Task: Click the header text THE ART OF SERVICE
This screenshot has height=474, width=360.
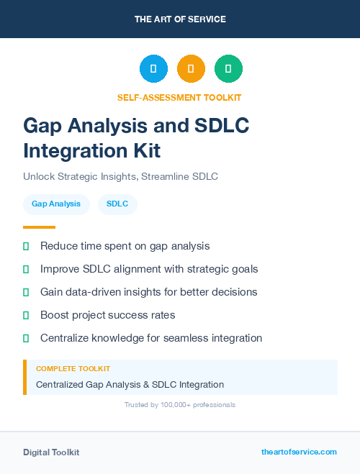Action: click(x=180, y=19)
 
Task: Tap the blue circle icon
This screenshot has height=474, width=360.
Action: click(x=153, y=69)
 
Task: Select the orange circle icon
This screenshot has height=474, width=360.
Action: click(x=191, y=69)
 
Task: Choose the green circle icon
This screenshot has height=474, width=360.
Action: click(x=228, y=69)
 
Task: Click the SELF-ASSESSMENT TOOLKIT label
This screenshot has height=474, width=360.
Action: click(x=179, y=97)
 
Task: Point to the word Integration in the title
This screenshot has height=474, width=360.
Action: click(x=71, y=151)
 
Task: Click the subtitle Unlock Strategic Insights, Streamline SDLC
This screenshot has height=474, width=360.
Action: click(x=120, y=176)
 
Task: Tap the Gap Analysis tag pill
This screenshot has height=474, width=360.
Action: click(x=56, y=204)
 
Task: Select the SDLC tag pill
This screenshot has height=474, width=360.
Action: click(x=117, y=204)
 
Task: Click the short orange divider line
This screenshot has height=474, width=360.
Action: click(x=39, y=227)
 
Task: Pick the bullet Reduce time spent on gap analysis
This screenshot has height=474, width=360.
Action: click(x=125, y=246)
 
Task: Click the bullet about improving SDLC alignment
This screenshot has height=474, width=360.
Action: click(x=149, y=269)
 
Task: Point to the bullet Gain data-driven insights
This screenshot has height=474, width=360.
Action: click(x=148, y=292)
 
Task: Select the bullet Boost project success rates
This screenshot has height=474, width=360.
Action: click(x=107, y=315)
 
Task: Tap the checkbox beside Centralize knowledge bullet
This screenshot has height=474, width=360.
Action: click(x=26, y=338)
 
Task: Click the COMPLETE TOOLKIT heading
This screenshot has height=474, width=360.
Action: click(x=73, y=368)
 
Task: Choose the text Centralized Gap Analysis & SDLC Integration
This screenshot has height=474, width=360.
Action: click(x=130, y=385)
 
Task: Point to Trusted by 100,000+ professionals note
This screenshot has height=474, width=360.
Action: click(x=179, y=405)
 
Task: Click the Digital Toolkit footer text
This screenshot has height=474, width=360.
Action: click(x=51, y=452)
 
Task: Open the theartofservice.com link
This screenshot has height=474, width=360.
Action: click(x=299, y=452)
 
